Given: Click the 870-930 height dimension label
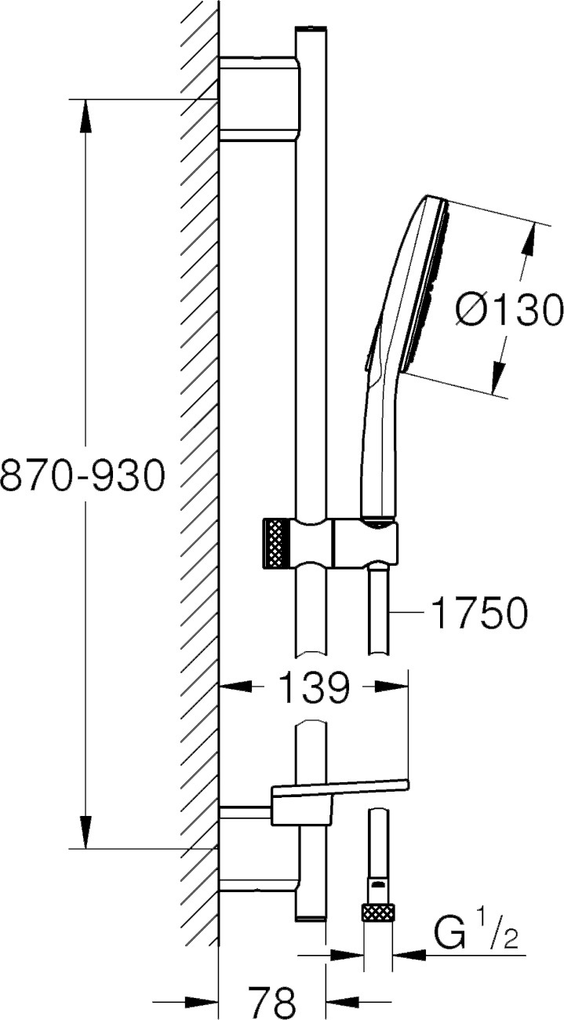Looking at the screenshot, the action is click(x=82, y=475).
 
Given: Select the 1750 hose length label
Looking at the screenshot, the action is click(x=480, y=613).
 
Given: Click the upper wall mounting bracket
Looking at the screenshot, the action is click(x=259, y=99).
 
